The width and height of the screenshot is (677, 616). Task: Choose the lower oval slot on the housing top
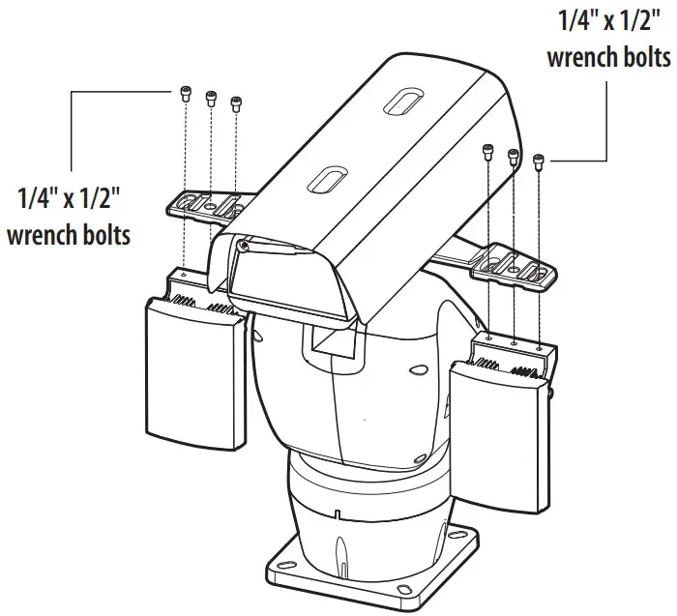pyautogui.click(x=326, y=180)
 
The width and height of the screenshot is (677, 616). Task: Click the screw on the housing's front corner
pyautogui.click(x=242, y=248)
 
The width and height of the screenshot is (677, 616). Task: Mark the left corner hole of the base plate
pyautogui.click(x=283, y=559)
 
